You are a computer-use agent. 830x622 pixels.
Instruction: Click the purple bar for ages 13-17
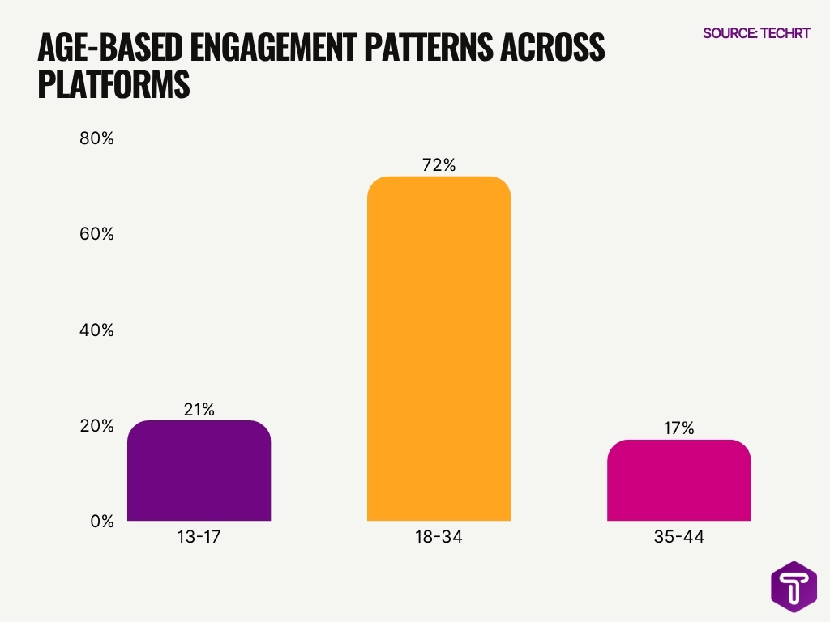point(199,471)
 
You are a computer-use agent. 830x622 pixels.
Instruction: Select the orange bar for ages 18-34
point(439,348)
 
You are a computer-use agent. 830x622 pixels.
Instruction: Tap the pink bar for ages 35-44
point(678,480)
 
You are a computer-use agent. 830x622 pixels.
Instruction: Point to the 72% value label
point(439,165)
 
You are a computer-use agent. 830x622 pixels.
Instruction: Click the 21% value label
point(199,410)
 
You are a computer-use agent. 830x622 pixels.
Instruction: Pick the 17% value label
point(678,428)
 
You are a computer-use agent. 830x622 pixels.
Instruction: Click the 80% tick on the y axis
point(96,138)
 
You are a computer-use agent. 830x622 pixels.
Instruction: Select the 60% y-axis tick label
point(96,234)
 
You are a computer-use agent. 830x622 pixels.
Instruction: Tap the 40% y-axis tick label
point(96,330)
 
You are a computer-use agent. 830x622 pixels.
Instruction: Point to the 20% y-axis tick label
point(96,426)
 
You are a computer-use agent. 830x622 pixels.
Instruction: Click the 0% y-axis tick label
point(101,522)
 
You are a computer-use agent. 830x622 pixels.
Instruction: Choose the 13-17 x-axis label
point(199,537)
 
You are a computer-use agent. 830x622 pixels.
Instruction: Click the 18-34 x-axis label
point(439,537)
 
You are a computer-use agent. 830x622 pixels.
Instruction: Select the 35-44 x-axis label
point(678,537)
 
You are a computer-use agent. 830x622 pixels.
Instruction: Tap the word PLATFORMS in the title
point(113,85)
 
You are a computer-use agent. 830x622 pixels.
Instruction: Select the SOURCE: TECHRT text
point(755,33)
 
